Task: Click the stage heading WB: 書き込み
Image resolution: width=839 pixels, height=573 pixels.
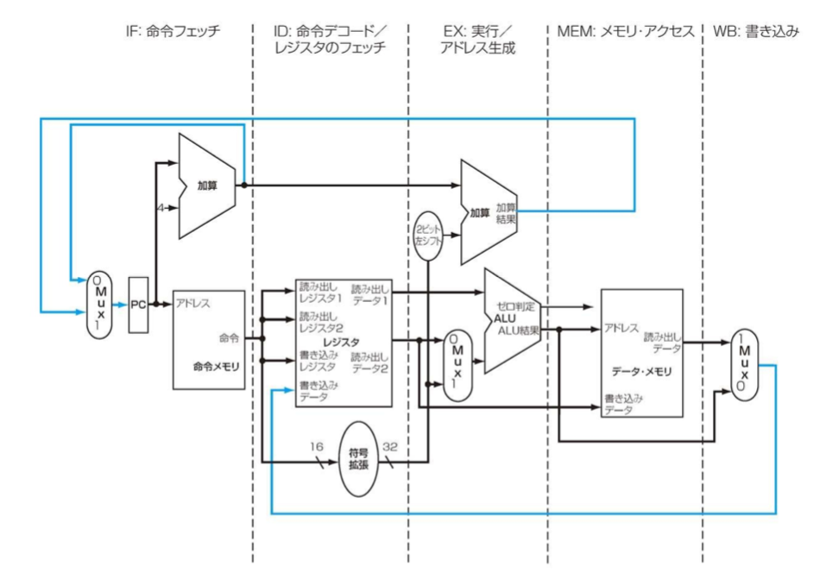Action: tap(754, 31)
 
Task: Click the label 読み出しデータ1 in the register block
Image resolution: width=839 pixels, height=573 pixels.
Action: tap(371, 293)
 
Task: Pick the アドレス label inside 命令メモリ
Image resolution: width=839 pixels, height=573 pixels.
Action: tap(191, 305)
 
